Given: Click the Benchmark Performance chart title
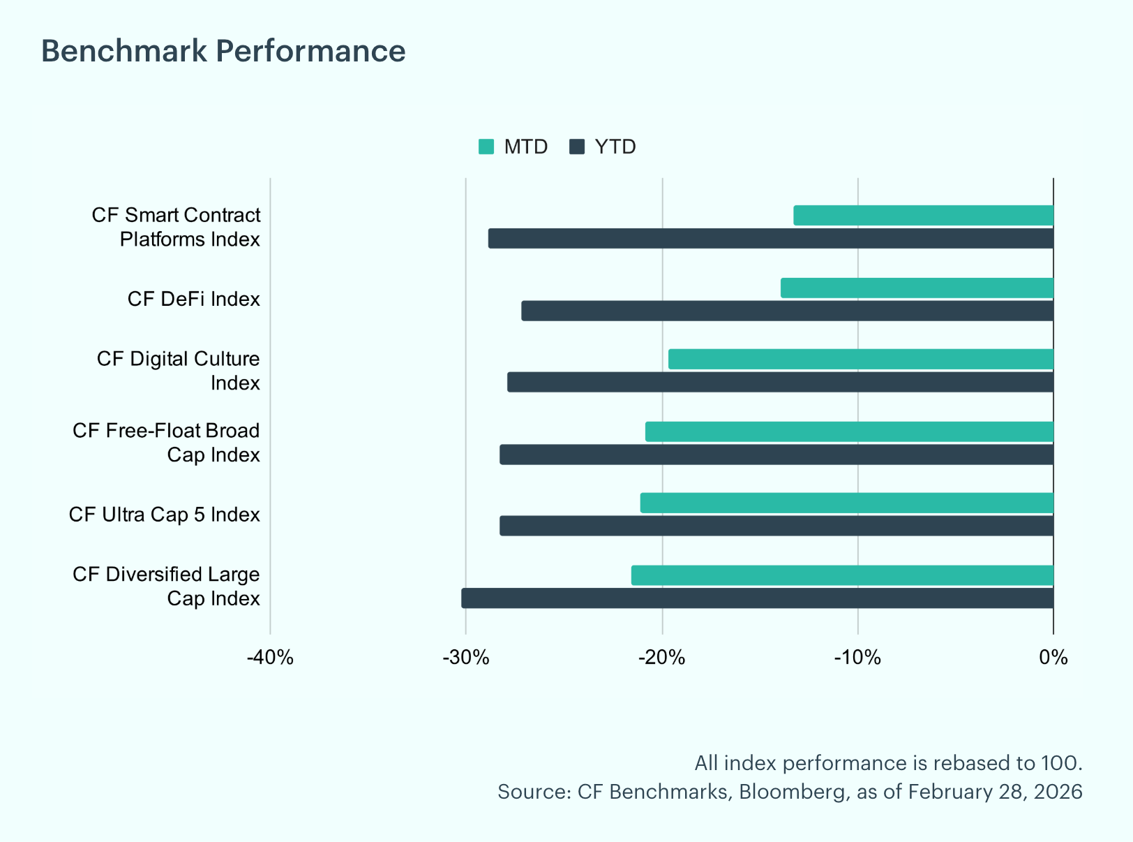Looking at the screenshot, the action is tap(223, 51).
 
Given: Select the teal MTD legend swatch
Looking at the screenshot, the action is tap(486, 147).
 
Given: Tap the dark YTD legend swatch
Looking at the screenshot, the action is tap(577, 147).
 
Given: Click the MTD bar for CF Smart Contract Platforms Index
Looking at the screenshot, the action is tap(924, 215).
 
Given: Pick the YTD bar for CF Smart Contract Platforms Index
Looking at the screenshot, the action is tap(771, 238).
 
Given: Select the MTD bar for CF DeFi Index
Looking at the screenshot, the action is tap(917, 288).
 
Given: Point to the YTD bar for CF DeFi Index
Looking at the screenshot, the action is tap(787, 311).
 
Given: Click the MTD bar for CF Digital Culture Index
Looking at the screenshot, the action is tap(861, 359).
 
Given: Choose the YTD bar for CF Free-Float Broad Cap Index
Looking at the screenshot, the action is tap(776, 455).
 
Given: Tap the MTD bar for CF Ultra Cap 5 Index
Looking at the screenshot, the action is tap(847, 503).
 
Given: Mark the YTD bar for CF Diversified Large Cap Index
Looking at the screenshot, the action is tap(758, 598).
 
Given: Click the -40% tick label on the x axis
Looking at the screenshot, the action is tap(270, 658).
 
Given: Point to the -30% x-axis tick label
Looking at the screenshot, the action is tap(466, 658).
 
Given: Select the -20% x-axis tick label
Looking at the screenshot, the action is tap(661, 658).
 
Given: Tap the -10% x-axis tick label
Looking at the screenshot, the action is tap(857, 658).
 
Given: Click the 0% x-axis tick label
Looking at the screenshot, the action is tap(1053, 658).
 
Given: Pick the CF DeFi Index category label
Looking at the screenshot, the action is tap(194, 299).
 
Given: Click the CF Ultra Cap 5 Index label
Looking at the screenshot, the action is tap(165, 515).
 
